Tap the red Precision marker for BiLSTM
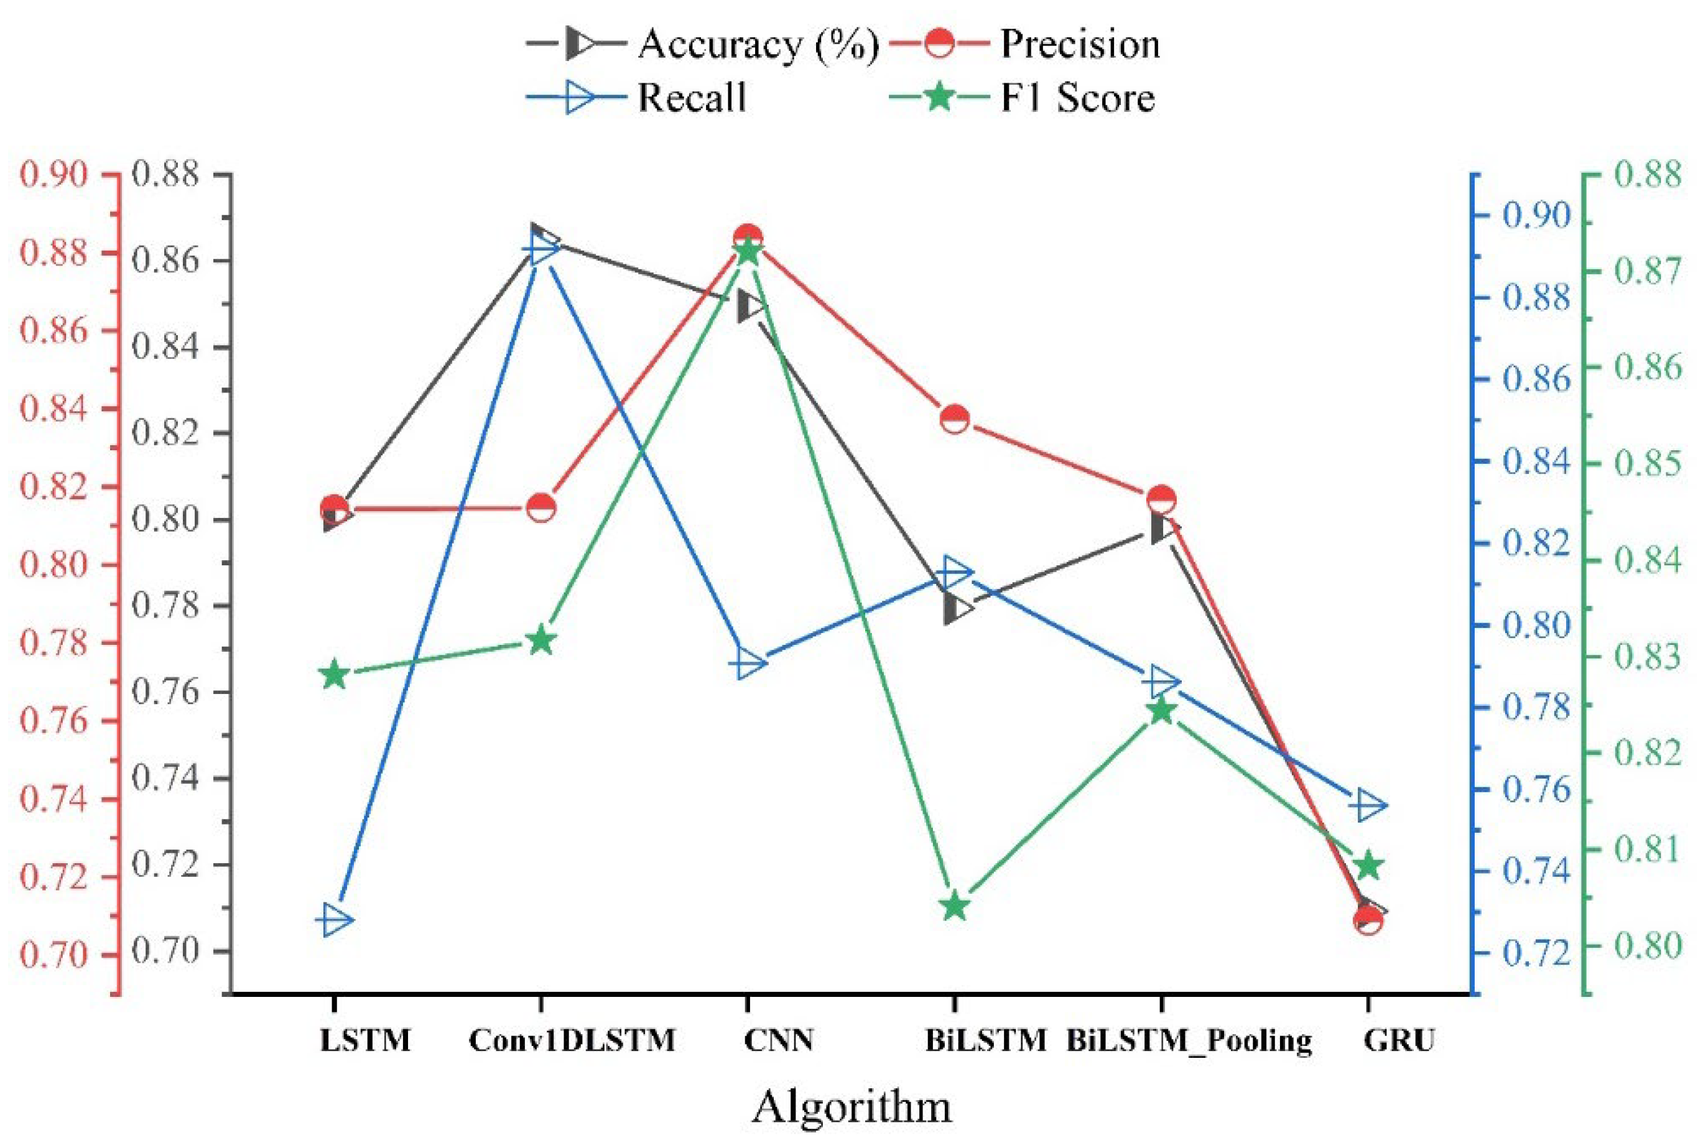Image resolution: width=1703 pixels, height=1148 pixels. (955, 420)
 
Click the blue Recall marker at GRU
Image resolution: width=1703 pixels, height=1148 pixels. (1369, 806)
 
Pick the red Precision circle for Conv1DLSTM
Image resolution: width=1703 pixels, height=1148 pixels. (541, 507)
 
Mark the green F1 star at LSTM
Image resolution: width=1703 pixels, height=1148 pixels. (335, 674)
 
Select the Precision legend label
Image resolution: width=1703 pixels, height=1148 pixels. (1080, 45)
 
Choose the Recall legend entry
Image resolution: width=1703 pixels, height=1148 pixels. (692, 98)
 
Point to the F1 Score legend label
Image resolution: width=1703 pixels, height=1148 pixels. (1078, 98)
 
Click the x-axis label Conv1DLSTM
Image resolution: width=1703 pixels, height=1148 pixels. (572, 1040)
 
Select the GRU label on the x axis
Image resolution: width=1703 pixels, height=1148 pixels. (1399, 1040)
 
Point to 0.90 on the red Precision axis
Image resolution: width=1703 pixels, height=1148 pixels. (53, 176)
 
